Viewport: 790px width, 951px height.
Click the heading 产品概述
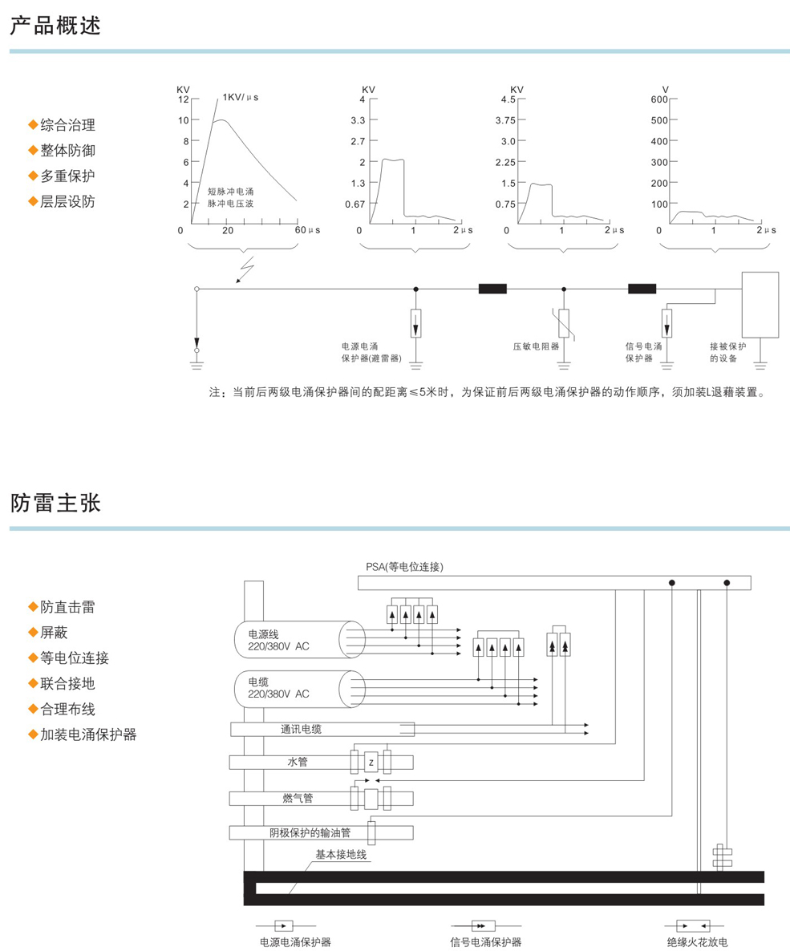click(x=55, y=26)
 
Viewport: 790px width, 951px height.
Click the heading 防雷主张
click(x=55, y=503)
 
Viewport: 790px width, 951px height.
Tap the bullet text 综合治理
click(x=67, y=125)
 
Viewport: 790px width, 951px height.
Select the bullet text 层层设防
click(x=67, y=201)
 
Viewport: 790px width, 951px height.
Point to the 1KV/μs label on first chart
click(x=241, y=97)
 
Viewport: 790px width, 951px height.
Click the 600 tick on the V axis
click(x=659, y=99)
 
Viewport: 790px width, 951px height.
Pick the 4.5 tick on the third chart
click(x=508, y=99)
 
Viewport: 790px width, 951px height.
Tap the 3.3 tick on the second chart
click(x=358, y=120)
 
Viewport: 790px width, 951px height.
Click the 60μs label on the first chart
click(x=307, y=230)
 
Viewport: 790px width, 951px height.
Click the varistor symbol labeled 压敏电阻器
click(x=564, y=322)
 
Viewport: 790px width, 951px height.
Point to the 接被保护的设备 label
click(x=727, y=352)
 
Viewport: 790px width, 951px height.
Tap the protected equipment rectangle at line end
click(x=760, y=305)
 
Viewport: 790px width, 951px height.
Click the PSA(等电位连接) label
click(x=405, y=566)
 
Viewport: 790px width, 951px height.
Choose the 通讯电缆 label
click(x=301, y=729)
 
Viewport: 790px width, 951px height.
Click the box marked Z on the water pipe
click(x=371, y=763)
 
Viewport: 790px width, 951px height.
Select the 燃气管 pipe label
click(x=298, y=798)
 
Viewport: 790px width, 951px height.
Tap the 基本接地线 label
click(x=341, y=855)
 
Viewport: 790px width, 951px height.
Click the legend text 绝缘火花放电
click(x=697, y=942)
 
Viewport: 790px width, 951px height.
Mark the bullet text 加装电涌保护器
click(x=88, y=734)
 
